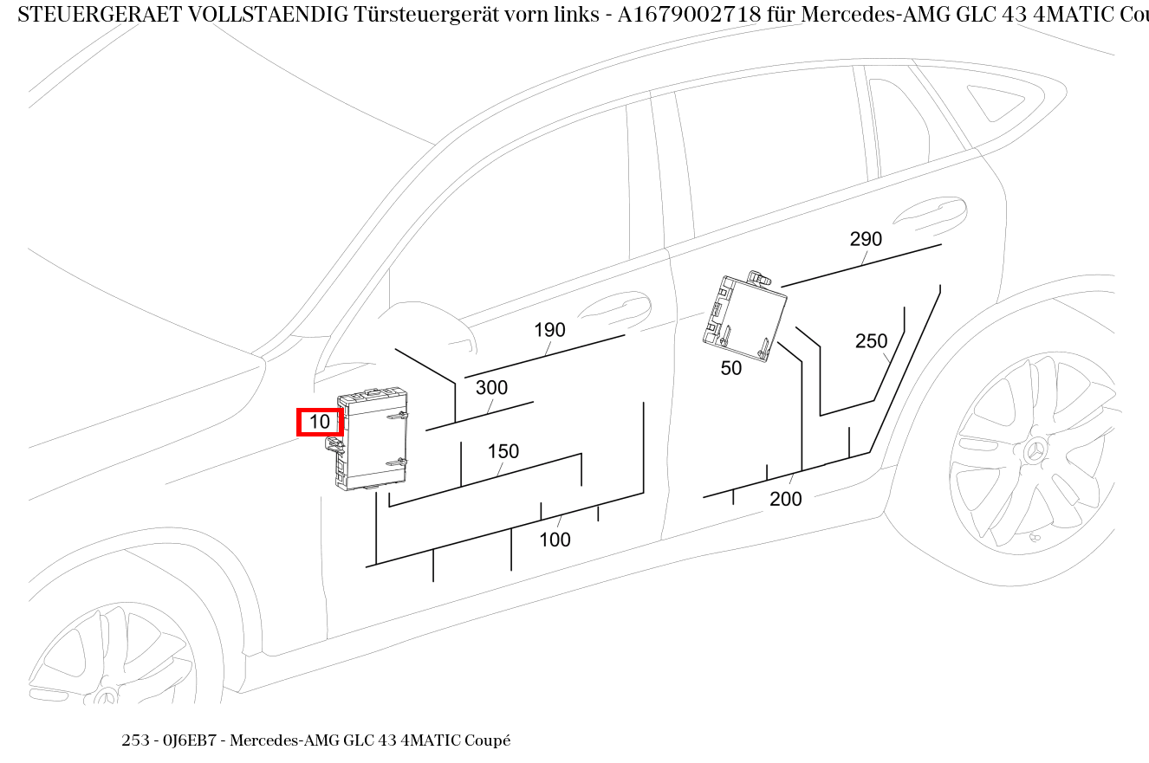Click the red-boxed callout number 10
(320, 422)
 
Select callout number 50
(730, 368)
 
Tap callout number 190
(549, 330)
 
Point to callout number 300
(491, 388)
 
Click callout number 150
(503, 451)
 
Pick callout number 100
(555, 540)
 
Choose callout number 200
(785, 499)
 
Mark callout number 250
(871, 341)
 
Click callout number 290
(865, 239)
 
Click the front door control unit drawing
(374, 438)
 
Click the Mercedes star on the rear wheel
(1035, 451)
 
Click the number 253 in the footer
(135, 740)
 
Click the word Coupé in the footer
(487, 740)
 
